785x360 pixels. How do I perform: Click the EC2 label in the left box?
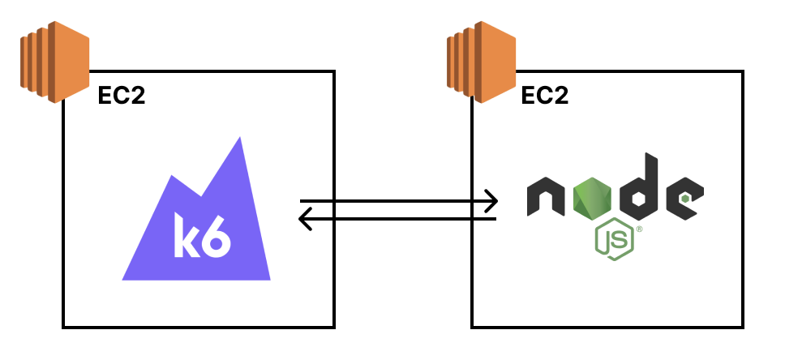[122, 96]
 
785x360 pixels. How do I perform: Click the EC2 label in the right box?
[544, 96]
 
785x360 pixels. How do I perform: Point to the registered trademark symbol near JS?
[639, 229]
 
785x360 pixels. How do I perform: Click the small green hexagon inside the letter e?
[686, 197]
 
